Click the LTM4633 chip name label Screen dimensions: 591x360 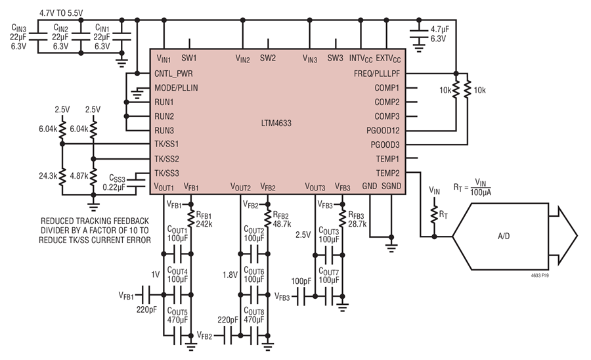pos(276,124)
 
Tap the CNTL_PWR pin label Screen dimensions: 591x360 pos(173,74)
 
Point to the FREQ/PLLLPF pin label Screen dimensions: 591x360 pos(377,74)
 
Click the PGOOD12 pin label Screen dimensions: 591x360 pos(383,131)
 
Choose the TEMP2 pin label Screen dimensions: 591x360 pos(388,173)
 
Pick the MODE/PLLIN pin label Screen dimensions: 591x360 pos(176,88)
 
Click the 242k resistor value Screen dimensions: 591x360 pos(204,223)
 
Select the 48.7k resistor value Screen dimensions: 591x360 pos(282,223)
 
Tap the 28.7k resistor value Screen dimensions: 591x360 pos(357,224)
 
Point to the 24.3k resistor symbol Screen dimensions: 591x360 pos(62,175)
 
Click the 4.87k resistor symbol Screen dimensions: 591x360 pos(93,175)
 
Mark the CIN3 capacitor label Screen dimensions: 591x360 pos(19,28)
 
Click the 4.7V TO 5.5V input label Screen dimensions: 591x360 pos(61,13)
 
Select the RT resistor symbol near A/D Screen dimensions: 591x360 pos(434,215)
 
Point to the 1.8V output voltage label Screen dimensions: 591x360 pos(230,275)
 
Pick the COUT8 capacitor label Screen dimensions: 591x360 pos(254,312)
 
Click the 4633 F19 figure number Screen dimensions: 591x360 pos(540,275)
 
